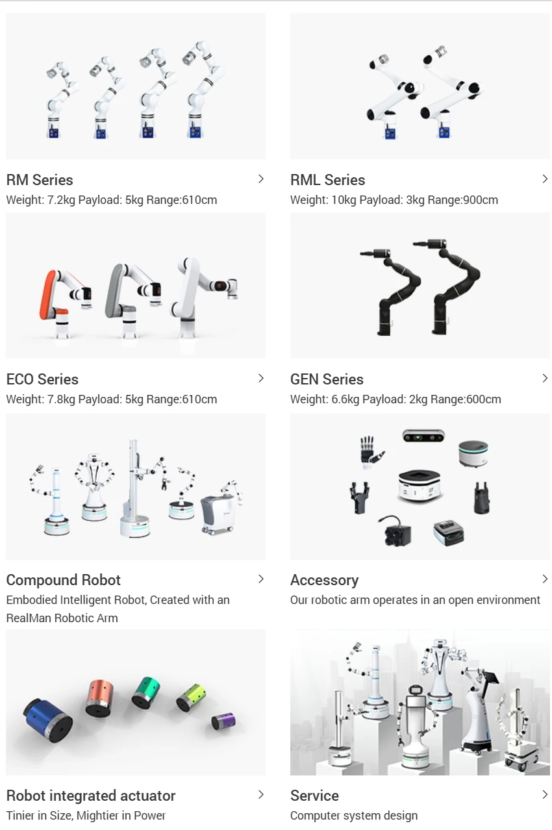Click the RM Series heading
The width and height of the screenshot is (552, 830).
point(40,180)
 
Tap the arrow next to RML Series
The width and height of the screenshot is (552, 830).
point(544,179)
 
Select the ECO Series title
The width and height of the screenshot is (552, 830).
point(42,379)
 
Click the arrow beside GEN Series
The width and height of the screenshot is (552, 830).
point(544,379)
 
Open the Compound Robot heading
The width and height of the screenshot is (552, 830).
point(63,580)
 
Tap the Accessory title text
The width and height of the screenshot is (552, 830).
point(324,580)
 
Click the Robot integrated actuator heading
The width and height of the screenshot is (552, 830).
point(91,796)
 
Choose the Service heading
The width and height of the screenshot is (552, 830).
point(314,796)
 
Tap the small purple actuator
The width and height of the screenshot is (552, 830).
point(223,721)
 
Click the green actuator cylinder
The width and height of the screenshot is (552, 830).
point(145,692)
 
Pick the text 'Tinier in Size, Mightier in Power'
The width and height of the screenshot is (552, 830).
point(86,816)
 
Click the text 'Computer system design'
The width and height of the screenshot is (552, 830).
point(353,816)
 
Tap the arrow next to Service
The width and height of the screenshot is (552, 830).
point(544,795)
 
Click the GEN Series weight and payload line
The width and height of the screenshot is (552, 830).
point(395,399)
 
